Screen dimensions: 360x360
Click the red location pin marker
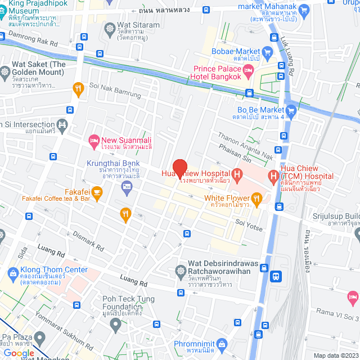(x=179, y=168)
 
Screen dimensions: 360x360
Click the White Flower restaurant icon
(x=257, y=197)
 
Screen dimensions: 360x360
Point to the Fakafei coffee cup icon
(x=97, y=192)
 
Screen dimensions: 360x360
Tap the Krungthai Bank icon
(x=127, y=186)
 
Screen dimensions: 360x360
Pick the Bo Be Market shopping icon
(x=291, y=110)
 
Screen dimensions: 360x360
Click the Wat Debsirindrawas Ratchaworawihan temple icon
(x=181, y=271)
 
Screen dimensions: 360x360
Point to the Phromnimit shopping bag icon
(x=223, y=344)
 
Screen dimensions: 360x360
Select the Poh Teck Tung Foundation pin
(x=116, y=323)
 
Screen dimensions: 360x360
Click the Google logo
(x=19, y=353)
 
